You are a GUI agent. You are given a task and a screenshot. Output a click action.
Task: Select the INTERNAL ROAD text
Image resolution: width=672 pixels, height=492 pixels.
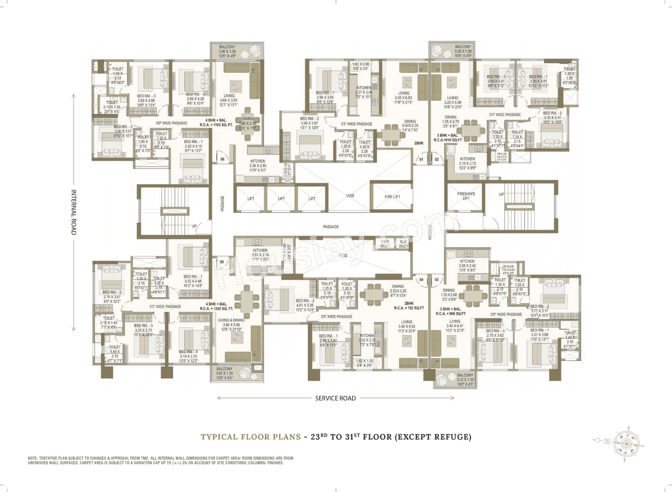tap(73, 212)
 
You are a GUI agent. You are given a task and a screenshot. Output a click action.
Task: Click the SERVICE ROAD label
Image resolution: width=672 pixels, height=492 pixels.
tap(335, 398)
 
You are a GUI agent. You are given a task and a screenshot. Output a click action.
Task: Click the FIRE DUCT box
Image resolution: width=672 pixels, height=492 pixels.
tap(385, 243)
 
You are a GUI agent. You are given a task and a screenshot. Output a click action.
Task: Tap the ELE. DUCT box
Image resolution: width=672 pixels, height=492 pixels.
tap(403, 243)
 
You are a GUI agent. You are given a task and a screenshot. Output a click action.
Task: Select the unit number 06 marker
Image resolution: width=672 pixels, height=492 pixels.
tap(222, 159)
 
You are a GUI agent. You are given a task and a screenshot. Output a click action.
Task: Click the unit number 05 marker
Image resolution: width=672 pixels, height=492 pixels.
tap(222, 261)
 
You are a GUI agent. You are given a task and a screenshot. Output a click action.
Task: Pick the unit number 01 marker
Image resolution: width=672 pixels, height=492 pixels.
tap(421, 159)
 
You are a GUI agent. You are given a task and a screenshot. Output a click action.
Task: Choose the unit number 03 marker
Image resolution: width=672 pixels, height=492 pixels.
tap(436, 280)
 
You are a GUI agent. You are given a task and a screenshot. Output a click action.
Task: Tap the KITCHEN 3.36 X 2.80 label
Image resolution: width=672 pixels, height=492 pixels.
tap(257, 164)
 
